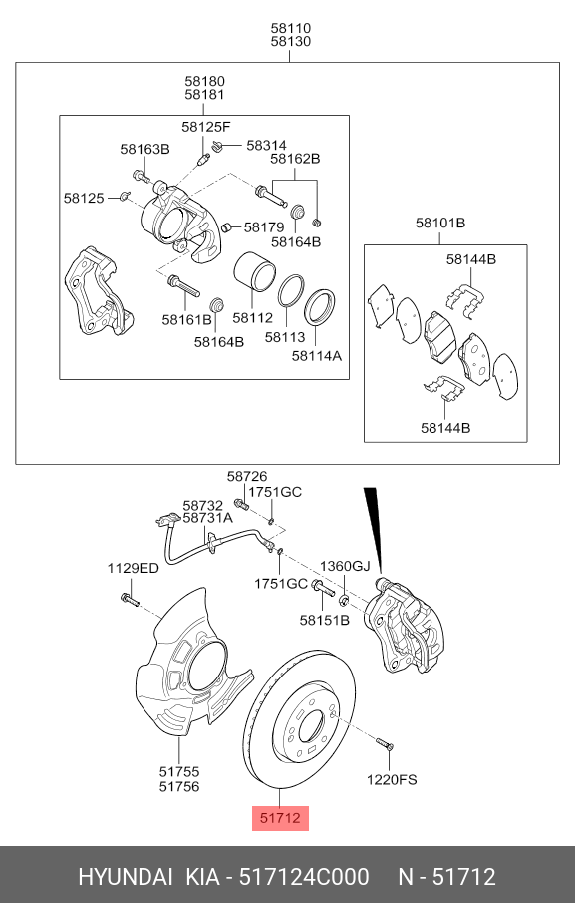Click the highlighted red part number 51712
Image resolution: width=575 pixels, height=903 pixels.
(279, 819)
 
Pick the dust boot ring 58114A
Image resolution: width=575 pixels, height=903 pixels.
(318, 305)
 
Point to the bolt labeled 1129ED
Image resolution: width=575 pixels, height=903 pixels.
(128, 600)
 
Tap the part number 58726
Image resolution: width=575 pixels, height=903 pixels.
(247, 478)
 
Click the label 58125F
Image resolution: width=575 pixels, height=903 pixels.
(205, 127)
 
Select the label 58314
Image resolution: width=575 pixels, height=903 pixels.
(266, 145)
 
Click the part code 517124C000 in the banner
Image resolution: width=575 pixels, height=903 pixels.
(304, 877)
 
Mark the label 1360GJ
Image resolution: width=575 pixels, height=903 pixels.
(345, 566)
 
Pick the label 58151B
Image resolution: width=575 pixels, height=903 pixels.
(325, 620)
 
